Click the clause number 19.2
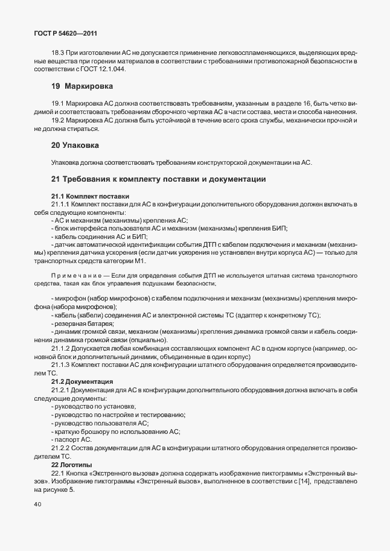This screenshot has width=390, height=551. click(59, 121)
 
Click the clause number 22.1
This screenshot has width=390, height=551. click(59, 473)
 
